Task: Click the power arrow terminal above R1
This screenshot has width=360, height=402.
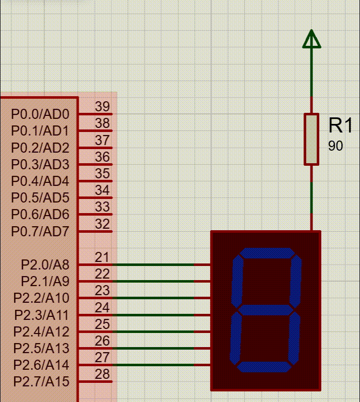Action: click(x=312, y=39)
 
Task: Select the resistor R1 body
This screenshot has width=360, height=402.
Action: click(x=312, y=139)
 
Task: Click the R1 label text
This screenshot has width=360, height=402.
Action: click(x=341, y=125)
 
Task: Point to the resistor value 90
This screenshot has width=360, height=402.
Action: click(x=335, y=146)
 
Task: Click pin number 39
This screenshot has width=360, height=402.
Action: click(x=102, y=107)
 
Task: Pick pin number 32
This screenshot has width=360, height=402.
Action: click(x=102, y=224)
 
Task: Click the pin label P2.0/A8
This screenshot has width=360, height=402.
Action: click(x=45, y=264)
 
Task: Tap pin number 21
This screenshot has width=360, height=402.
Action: click(x=102, y=257)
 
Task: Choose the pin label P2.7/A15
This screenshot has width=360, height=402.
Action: click(x=41, y=381)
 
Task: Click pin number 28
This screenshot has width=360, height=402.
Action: click(x=102, y=374)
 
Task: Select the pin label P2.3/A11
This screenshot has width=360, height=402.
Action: click(x=41, y=315)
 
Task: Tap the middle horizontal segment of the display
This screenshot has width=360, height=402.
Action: click(x=265, y=309)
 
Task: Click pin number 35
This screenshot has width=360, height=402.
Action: click(x=102, y=174)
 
